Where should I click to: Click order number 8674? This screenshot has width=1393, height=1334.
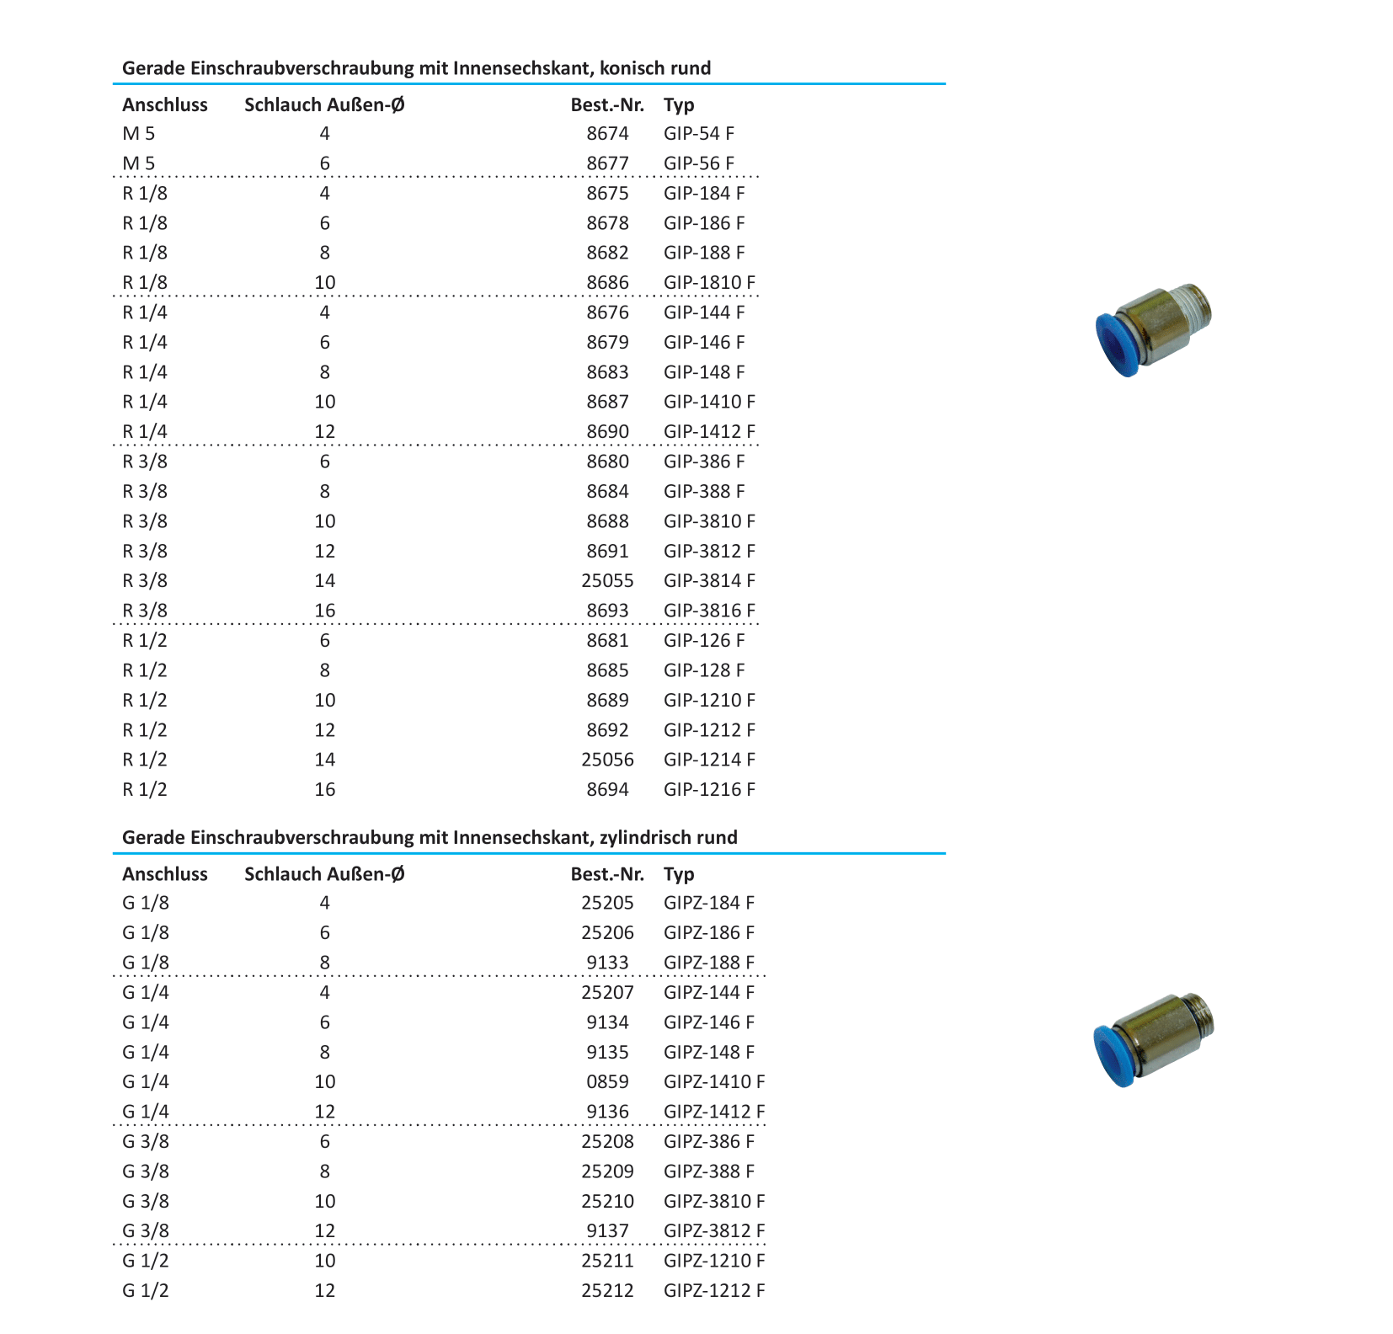607,134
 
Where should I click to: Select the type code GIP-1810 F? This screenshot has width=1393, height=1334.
709,283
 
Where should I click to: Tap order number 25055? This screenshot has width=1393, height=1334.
607,581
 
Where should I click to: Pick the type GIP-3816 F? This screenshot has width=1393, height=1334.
709,611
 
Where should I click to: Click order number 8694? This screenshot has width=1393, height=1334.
607,790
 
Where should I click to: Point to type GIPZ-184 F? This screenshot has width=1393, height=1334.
708,904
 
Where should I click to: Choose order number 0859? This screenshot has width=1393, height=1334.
607,1082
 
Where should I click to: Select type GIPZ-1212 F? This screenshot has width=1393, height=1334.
714,1291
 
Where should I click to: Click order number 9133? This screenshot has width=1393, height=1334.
607,963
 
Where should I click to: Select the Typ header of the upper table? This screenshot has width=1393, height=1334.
679,105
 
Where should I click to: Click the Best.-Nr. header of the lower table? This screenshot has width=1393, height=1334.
607,874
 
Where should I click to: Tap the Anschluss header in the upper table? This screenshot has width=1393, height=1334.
165,105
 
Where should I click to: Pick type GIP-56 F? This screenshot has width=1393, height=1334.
699,163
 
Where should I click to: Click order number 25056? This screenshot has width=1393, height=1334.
607,760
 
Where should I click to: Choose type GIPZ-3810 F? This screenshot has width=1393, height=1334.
714,1202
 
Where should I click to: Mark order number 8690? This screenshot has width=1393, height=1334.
607,432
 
